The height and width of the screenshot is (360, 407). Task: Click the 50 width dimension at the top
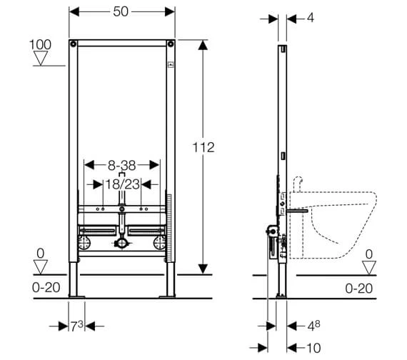click(121, 11)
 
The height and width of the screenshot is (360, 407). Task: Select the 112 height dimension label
click(203, 148)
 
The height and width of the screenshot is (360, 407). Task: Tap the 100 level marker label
click(40, 45)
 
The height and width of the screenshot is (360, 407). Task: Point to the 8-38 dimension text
click(121, 165)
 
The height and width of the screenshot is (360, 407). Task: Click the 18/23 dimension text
click(122, 184)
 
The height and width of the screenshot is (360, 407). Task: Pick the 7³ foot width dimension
click(77, 326)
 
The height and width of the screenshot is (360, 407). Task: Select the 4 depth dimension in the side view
click(311, 18)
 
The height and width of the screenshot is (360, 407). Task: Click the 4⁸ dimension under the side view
click(313, 326)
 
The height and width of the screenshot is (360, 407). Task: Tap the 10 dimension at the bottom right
click(313, 348)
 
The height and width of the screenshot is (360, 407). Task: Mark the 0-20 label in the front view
click(46, 288)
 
